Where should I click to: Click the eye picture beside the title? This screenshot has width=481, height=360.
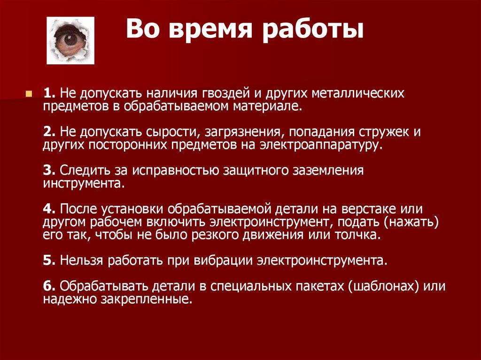tap(70, 40)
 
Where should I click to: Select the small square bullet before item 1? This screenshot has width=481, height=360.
tap(29, 93)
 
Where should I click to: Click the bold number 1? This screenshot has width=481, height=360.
tap(48, 93)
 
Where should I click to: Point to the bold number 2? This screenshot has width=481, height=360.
tap(48, 132)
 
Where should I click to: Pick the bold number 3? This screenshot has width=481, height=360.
tap(48, 170)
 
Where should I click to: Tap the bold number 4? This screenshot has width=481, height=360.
tap(48, 209)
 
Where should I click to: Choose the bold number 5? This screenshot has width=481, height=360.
tap(48, 260)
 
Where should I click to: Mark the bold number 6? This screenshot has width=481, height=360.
tap(48, 286)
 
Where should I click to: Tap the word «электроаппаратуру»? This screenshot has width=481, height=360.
tap(320, 145)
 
